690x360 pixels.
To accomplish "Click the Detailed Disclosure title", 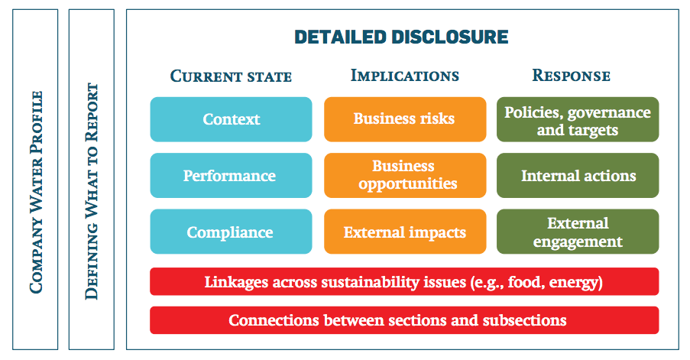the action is pos(401,37).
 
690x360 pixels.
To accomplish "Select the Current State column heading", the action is pos(231,76).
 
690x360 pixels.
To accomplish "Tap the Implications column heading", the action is pos(405,75).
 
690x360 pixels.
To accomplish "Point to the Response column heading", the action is pos(572,75).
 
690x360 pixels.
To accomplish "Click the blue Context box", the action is pos(231,119).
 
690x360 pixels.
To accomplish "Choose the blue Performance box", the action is pos(231,175).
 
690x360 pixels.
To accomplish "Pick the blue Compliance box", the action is pos(231,232).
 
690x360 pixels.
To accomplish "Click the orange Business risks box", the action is pos(405,119).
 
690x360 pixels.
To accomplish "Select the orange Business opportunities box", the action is pos(405,175).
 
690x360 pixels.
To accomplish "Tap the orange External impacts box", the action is pos(405,232).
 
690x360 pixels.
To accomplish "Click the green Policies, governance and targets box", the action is pos(578,119).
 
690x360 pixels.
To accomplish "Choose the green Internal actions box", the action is pos(578,175).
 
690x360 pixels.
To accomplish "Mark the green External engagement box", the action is pos(578,232).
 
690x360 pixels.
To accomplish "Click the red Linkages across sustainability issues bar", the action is pos(404,281).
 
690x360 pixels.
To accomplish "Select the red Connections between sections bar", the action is pos(404,320).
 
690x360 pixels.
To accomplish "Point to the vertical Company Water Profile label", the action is pos(36,192).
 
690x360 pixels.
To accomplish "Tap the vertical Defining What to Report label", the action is pos(92,191).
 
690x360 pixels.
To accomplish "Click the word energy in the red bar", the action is pos(574,283).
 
